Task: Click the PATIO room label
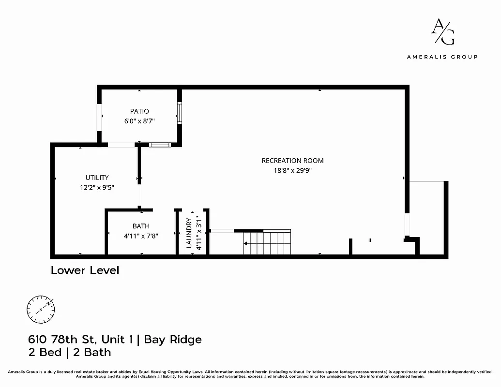click(139, 111)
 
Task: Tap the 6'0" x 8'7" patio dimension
click(139, 121)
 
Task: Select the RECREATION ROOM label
click(292, 161)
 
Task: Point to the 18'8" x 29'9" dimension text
click(292, 170)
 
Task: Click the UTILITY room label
click(97, 178)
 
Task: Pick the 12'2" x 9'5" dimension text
click(97, 187)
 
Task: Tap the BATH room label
click(141, 226)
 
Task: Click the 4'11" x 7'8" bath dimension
click(141, 236)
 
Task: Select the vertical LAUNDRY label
click(189, 233)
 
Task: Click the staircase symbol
click(267, 243)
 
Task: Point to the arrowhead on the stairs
click(246, 244)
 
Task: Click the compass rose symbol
click(41, 310)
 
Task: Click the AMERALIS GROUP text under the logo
click(442, 57)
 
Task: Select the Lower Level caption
click(85, 270)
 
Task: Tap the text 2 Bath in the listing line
click(92, 352)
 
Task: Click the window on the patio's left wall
click(99, 117)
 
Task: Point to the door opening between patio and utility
click(121, 145)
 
